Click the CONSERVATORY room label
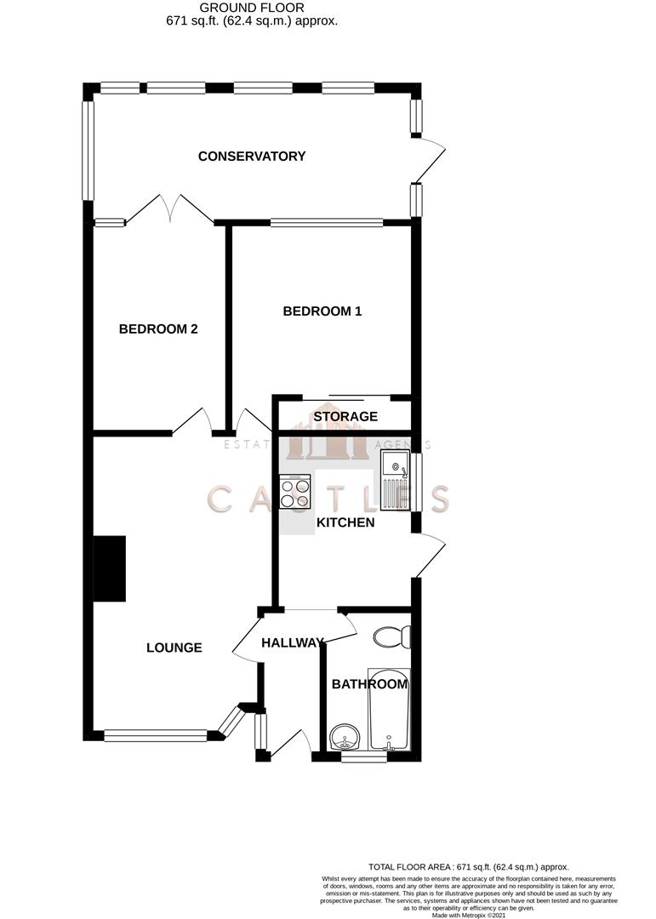(252, 156)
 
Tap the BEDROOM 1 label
(322, 311)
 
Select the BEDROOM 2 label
(158, 329)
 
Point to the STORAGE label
(345, 417)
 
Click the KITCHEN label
(345, 522)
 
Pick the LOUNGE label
(174, 648)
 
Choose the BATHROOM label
(369, 684)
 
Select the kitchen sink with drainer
(396, 482)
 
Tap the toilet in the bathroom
(394, 636)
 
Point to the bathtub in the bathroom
(389, 708)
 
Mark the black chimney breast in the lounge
(110, 568)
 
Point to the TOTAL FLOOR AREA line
(468, 866)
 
